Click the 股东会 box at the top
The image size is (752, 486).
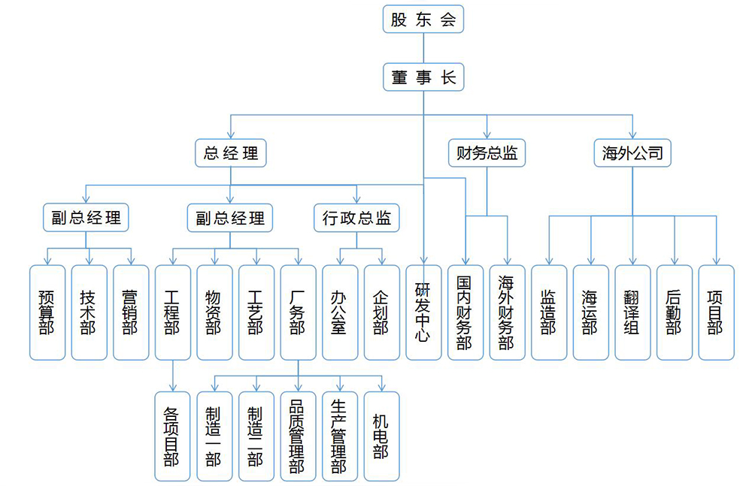423,20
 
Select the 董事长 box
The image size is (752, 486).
423,77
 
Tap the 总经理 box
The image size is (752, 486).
231,153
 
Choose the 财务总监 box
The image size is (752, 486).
487,153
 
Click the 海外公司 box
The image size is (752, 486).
632,153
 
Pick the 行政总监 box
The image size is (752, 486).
356,218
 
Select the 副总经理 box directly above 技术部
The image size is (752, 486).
86,218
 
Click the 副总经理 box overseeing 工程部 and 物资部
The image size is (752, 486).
230,218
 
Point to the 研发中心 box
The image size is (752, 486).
423,312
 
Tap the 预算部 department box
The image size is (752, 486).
47,312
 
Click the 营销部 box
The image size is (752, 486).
132,312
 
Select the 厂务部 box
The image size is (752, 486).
298,312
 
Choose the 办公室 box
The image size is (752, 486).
340,312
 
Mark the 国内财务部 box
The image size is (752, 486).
465,312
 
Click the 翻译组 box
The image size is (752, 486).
632,312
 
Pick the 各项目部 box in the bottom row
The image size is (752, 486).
173,436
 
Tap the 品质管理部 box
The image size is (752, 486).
298,436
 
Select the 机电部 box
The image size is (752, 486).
381,436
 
